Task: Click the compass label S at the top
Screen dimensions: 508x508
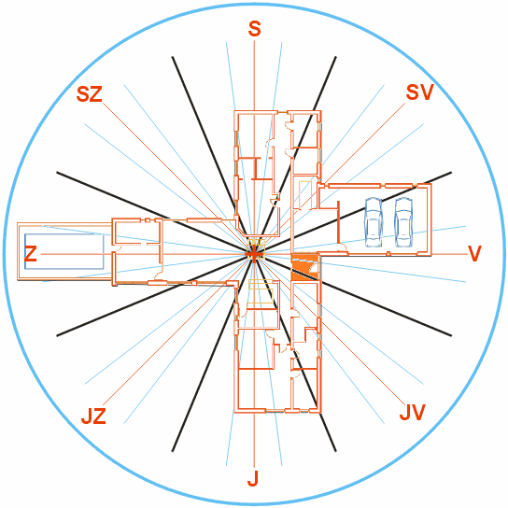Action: tap(254, 29)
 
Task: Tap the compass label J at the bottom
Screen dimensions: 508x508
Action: tap(253, 478)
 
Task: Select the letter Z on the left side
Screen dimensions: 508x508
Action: tap(31, 254)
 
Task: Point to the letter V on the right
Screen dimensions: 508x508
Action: tap(474, 253)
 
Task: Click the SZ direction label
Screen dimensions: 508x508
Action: tap(90, 94)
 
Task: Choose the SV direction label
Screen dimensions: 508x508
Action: tap(419, 92)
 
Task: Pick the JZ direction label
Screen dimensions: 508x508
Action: tap(93, 416)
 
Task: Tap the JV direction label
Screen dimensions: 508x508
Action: tap(412, 413)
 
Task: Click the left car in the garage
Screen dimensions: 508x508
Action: tap(374, 222)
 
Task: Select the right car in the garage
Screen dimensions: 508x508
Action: tap(403, 222)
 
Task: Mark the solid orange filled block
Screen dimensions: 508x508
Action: tap(304, 268)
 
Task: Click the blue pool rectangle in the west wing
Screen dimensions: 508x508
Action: tap(64, 252)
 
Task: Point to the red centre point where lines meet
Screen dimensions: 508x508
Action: tap(254, 254)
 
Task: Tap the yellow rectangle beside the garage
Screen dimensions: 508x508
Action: tap(305, 195)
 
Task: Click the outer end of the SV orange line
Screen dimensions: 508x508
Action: tap(405, 104)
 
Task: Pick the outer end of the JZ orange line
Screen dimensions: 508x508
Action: tap(103, 405)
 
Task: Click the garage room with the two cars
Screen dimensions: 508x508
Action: tap(374, 219)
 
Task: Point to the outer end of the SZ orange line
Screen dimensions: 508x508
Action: tap(103, 104)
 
